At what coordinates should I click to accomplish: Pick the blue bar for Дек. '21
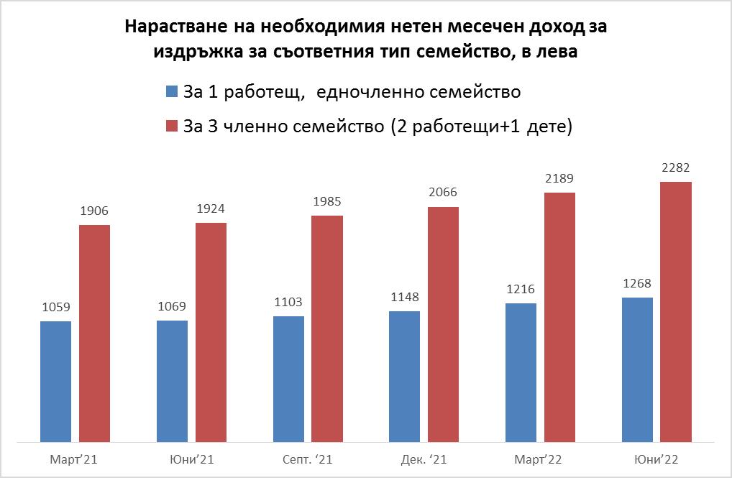point(405,376)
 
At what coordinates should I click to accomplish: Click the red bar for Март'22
point(559,317)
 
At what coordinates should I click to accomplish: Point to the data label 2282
point(675,168)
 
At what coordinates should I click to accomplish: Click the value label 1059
point(55,308)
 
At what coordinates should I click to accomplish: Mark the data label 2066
point(443,193)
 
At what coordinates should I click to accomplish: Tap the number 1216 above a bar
point(521,290)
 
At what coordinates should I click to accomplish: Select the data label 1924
point(211,210)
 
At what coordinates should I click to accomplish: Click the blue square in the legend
point(171,92)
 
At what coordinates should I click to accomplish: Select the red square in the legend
point(171,127)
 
